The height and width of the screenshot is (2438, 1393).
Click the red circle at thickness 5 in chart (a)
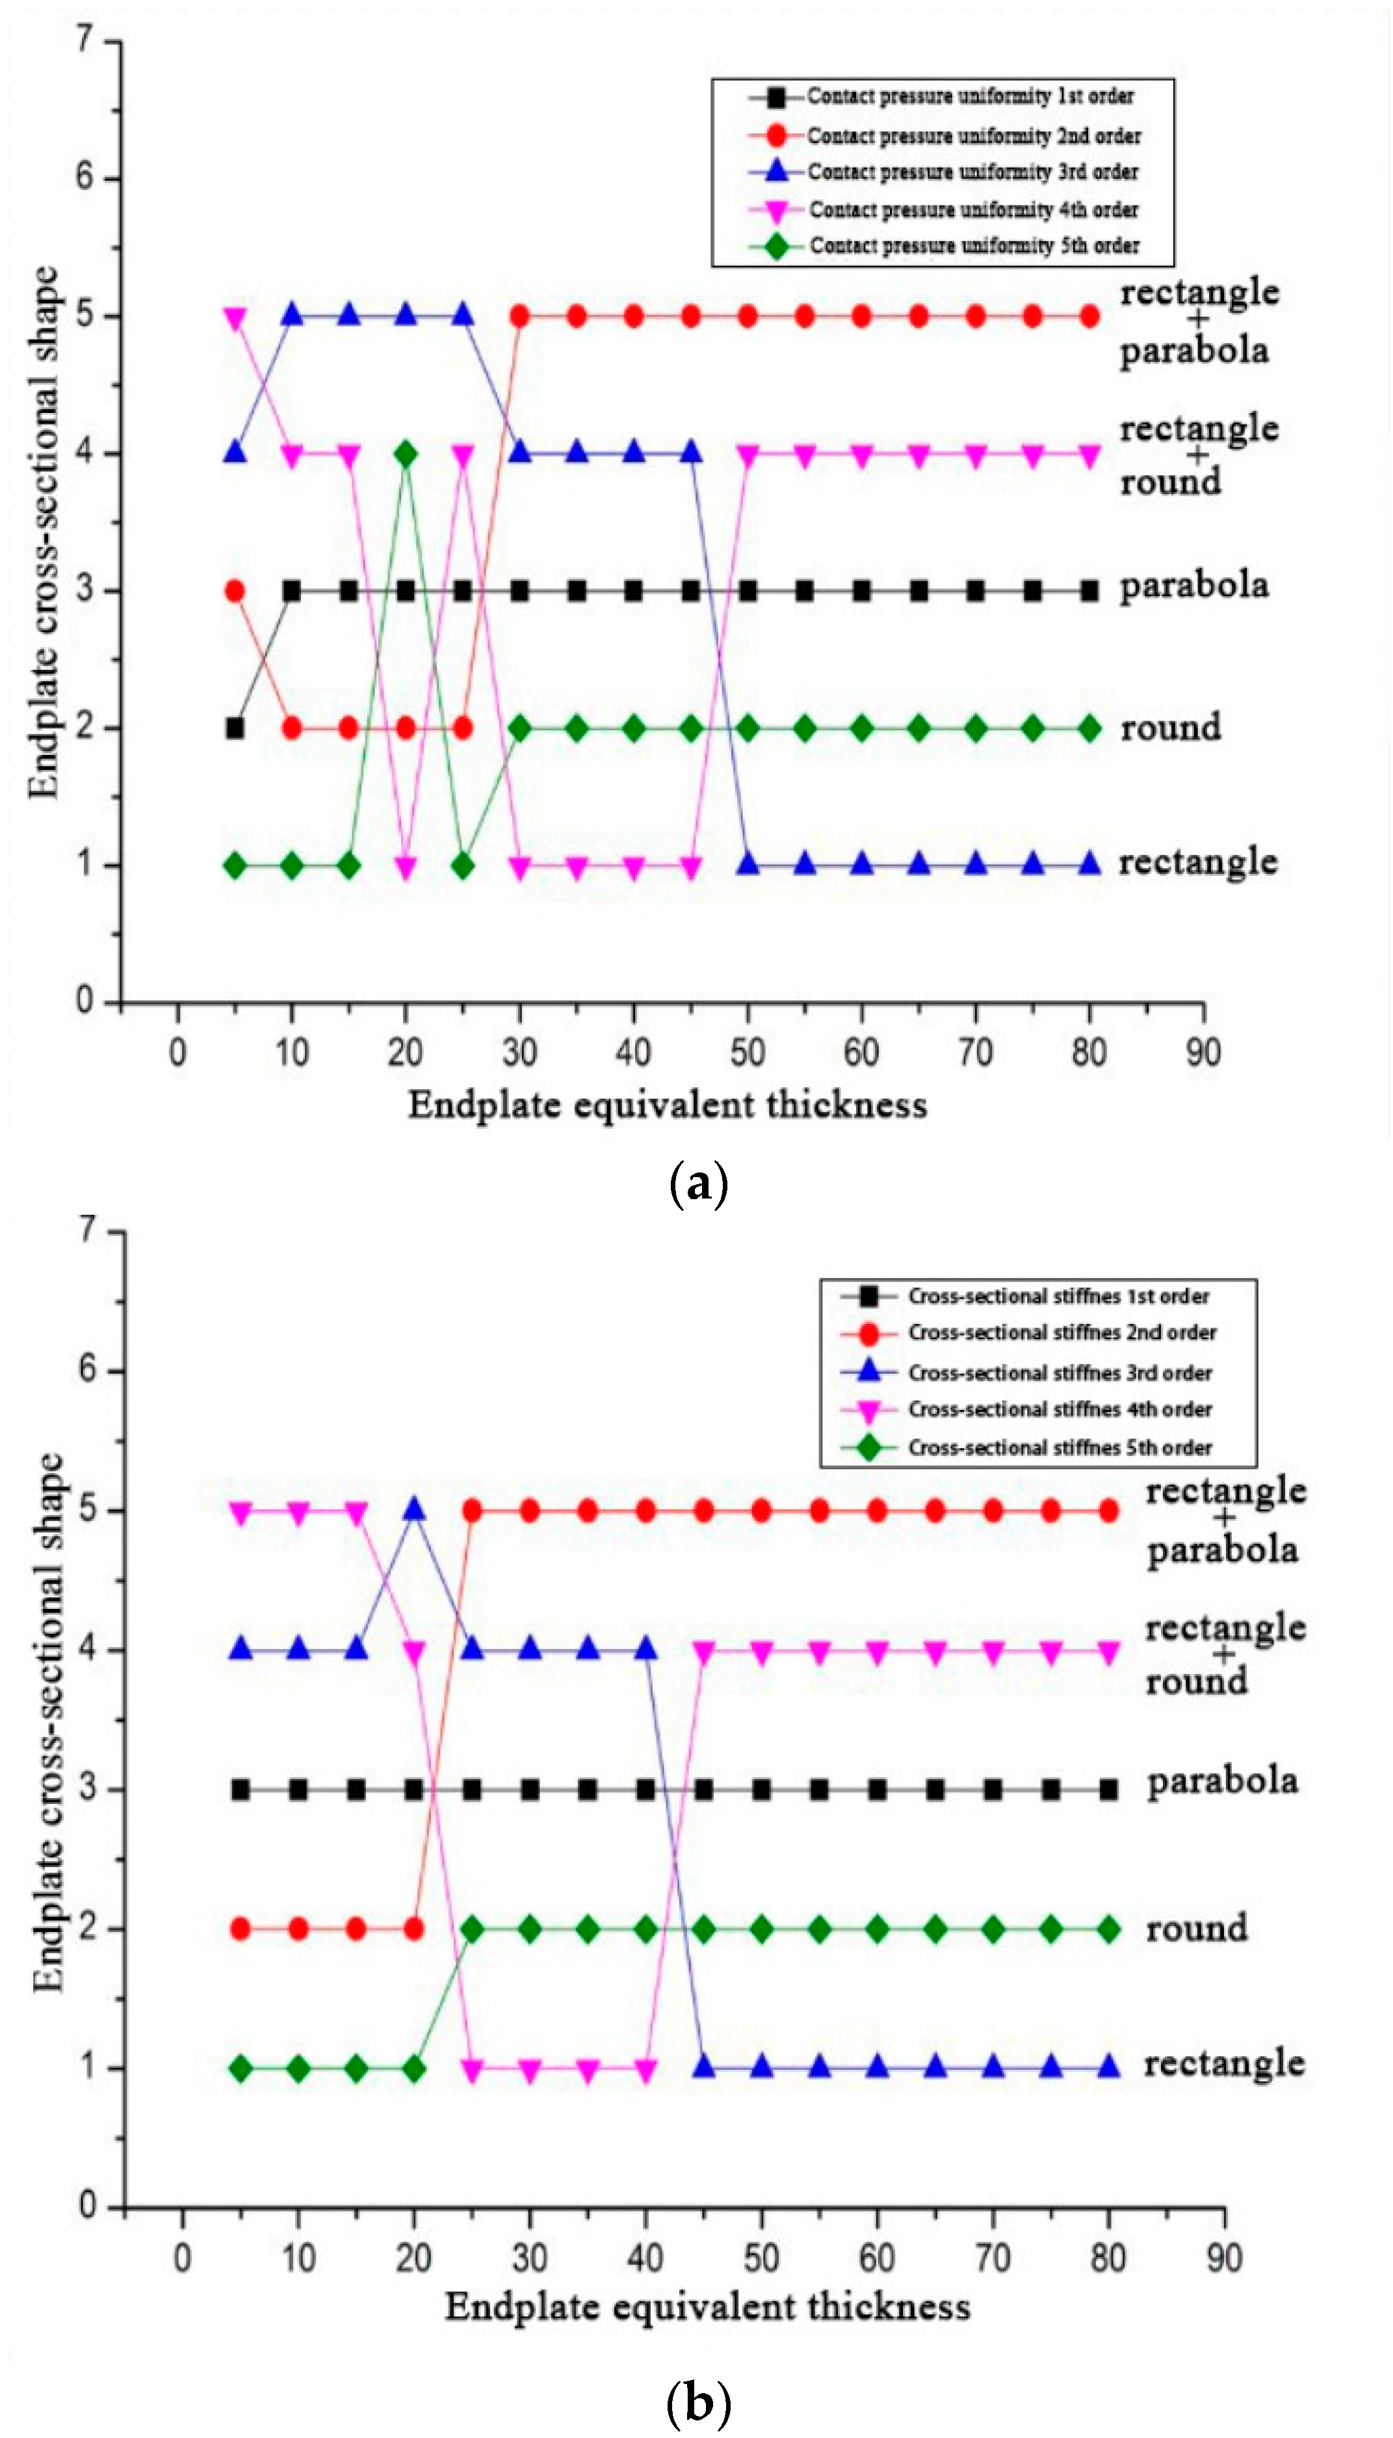pos(235,591)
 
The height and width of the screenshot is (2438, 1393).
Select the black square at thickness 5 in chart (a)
pos(235,728)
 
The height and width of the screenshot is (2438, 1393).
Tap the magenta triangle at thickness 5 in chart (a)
pos(235,317)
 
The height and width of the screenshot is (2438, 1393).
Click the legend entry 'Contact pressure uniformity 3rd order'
pos(972,172)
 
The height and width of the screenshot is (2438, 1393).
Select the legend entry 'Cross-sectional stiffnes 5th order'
pos(1059,1448)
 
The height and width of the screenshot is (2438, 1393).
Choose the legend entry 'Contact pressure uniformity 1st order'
pos(969,97)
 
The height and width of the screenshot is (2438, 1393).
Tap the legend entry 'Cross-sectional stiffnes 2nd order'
pos(1062,1333)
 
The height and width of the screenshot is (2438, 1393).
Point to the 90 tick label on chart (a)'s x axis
pos(1203,1052)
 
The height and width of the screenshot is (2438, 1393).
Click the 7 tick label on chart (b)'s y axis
pos(88,1230)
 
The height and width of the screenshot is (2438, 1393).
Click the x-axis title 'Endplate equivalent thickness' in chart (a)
pos(667,1105)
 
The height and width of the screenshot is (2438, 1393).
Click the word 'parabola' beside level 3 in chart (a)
pos(1194,585)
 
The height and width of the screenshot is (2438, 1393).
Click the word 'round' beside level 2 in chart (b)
pos(1196,1928)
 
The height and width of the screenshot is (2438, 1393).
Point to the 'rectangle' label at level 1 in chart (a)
pos(1198,863)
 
